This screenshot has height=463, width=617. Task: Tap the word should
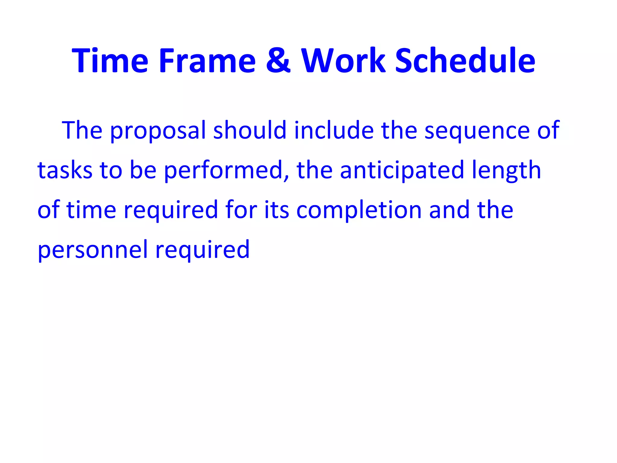coord(250,130)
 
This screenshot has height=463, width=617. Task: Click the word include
coord(334,130)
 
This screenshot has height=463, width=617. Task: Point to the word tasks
coord(65,170)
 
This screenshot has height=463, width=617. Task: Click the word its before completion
coord(277,210)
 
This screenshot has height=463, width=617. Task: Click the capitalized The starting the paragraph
coord(82,130)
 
